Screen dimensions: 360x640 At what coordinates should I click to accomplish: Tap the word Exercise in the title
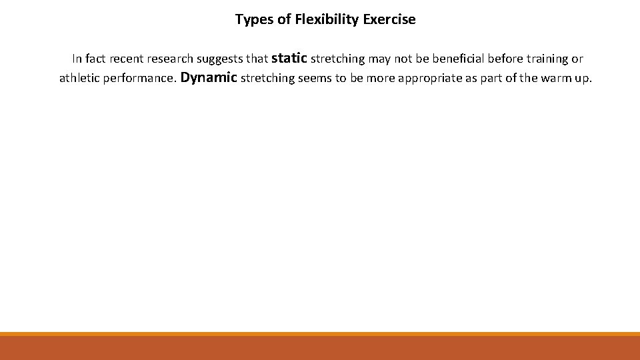click(389, 19)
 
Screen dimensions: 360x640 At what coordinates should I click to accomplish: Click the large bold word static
click(289, 58)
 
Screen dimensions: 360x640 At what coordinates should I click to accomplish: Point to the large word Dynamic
click(209, 77)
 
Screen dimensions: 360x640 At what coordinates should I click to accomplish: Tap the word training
click(539, 59)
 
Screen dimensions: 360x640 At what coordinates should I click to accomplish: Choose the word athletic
click(79, 78)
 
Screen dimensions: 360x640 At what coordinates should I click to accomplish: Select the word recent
click(125, 59)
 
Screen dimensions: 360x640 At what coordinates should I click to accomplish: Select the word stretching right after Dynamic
click(267, 79)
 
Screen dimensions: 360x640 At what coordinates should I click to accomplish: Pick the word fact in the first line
click(97, 59)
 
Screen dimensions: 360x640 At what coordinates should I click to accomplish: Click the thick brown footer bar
click(320, 348)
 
